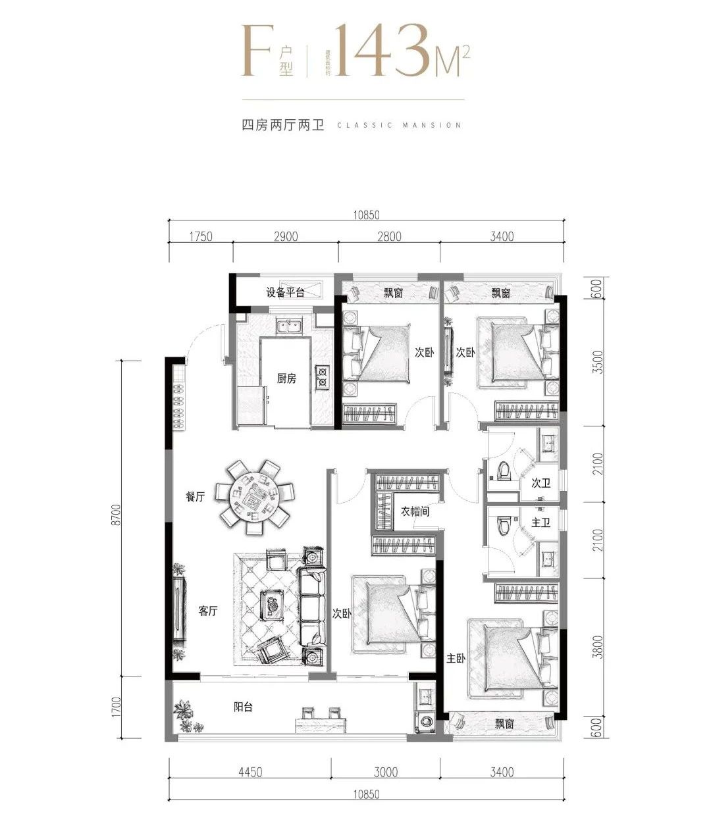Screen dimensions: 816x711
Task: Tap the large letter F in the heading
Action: (256, 51)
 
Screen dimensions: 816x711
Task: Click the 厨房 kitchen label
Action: (286, 378)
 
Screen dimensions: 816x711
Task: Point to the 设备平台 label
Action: (285, 292)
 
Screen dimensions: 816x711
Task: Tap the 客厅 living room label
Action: (208, 611)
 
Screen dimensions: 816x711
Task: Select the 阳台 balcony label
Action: (243, 707)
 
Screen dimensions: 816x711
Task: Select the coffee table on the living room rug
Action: (271, 603)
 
